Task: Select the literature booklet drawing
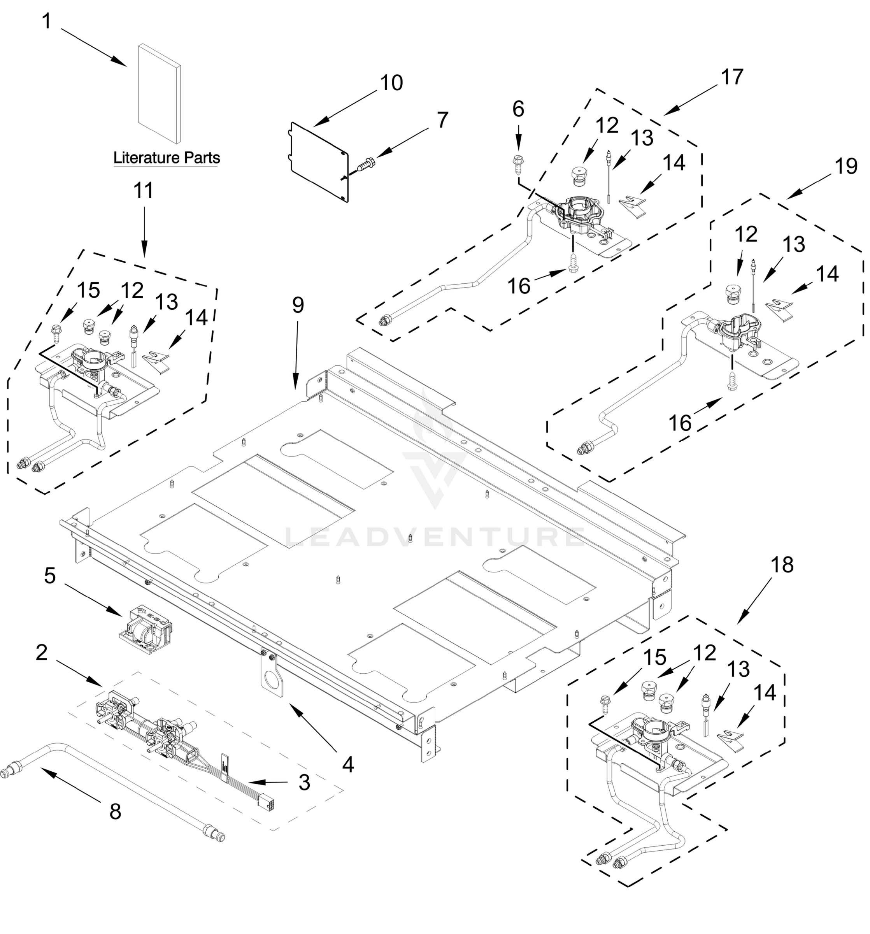pos(159,93)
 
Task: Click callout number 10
pos(391,83)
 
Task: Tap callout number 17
pos(732,77)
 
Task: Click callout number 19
pos(846,166)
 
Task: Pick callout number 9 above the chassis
pos(298,305)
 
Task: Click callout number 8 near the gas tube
pos(115,812)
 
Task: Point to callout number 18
pos(782,565)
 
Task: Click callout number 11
pos(143,191)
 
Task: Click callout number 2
pos(41,653)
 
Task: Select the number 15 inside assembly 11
pos(88,291)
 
